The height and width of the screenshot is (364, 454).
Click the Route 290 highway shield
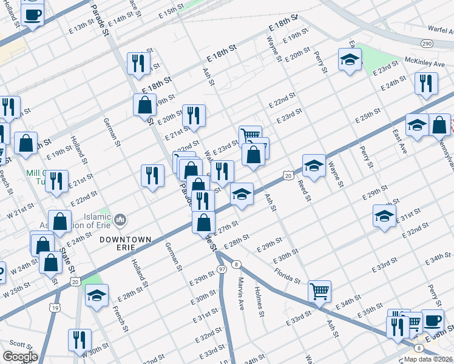(x=427, y=44)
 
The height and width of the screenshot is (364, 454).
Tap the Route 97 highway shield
(x=223, y=268)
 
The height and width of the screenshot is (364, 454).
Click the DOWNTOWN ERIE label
(x=126, y=240)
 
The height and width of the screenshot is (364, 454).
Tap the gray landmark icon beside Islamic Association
(x=120, y=218)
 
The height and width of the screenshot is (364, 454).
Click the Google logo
(x=20, y=357)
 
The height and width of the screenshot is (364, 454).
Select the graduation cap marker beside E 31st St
(x=384, y=216)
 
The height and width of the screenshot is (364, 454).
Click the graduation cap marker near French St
(x=97, y=295)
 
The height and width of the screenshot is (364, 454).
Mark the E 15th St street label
(x=172, y=11)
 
